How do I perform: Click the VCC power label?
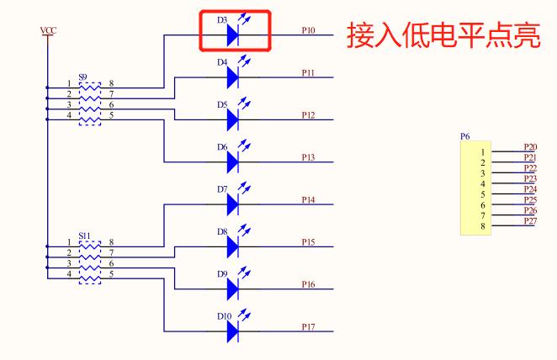[49, 31]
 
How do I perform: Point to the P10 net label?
[308, 30]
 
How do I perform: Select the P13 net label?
[308, 157]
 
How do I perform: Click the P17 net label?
[308, 326]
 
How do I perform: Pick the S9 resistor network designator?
[83, 77]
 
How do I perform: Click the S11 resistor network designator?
[84, 236]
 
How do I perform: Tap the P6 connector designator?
[465, 135]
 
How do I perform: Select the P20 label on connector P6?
[529, 146]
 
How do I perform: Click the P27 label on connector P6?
[529, 220]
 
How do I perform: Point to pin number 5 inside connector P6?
[483, 194]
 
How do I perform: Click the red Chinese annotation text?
[443, 36]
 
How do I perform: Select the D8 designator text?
[222, 231]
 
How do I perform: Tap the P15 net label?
[308, 242]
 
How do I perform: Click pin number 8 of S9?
[110, 83]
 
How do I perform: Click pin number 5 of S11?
[111, 273]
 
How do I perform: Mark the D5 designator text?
[222, 105]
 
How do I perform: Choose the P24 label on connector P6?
[529, 189]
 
